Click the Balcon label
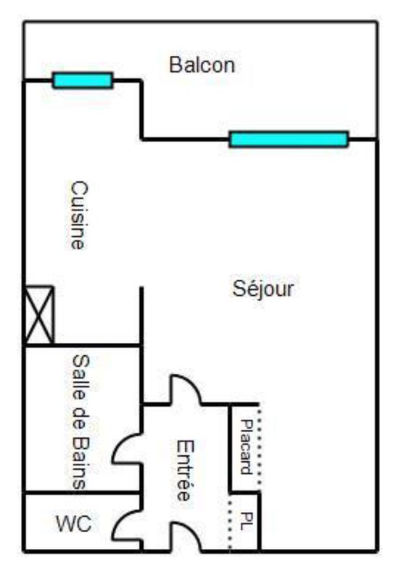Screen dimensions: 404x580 coord(202,65)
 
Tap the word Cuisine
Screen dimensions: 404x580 coord(79,215)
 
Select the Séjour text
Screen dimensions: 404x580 coord(263,289)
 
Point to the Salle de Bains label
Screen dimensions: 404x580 coord(81,422)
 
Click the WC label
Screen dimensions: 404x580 coord(74,523)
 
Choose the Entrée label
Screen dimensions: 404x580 coord(184,470)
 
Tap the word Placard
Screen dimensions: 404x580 coord(246,447)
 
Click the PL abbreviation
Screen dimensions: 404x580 coord(247,521)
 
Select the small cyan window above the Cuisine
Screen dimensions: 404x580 coord(83,80)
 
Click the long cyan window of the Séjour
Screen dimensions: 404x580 coord(289,139)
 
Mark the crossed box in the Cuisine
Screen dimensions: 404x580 coord(39,315)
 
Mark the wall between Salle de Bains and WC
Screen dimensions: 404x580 coord(83,493)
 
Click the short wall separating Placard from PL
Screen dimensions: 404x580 coord(244,492)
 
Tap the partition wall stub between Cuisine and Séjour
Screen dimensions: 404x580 coord(141,315)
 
